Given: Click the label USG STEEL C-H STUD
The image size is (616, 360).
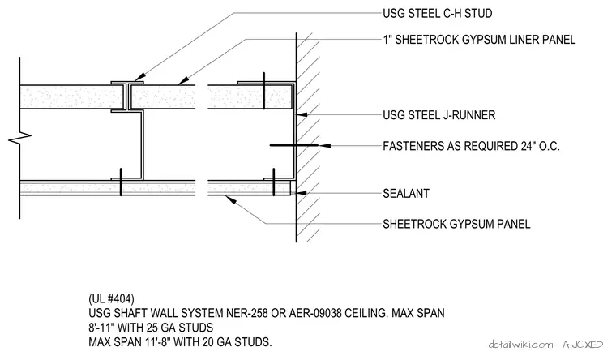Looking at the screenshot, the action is click(437, 13).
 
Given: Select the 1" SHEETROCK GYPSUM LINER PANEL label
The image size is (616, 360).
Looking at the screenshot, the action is click(479, 40).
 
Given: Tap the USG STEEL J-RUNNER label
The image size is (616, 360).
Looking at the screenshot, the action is click(439, 115).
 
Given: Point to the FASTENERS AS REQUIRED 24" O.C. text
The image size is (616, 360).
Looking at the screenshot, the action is click(471, 146).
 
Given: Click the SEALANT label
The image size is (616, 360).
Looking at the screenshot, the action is click(406, 193).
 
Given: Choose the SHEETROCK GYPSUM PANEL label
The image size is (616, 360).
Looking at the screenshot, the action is click(456, 224).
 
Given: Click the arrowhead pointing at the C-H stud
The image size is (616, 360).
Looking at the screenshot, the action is click(139, 77).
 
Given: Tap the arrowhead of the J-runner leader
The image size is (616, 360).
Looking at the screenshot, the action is click(302, 115).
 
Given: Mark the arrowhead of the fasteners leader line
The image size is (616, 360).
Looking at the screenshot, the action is click(324, 145).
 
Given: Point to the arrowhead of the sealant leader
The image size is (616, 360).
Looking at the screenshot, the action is click(302, 193).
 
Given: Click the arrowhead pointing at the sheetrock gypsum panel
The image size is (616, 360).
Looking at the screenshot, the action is click(231, 199).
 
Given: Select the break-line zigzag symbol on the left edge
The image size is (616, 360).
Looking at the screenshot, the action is click(20, 138).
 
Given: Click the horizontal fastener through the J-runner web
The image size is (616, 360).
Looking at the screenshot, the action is click(294, 145).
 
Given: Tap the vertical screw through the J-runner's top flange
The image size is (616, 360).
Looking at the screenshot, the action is click(264, 91).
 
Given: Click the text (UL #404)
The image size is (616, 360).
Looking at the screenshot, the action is click(111, 298).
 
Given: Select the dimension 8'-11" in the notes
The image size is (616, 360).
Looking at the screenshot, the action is click(101, 328).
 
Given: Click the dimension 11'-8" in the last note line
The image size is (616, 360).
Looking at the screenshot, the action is click(156, 342).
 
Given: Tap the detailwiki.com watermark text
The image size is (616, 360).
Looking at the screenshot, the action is click(520, 345).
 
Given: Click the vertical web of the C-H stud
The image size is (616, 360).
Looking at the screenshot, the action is click(142, 145).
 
